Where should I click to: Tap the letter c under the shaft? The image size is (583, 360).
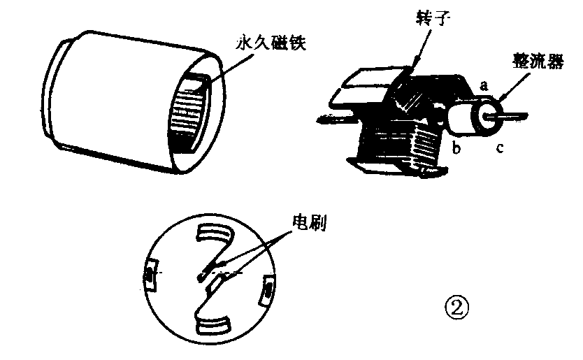tap(498, 148)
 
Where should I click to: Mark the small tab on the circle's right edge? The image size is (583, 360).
tap(267, 289)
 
